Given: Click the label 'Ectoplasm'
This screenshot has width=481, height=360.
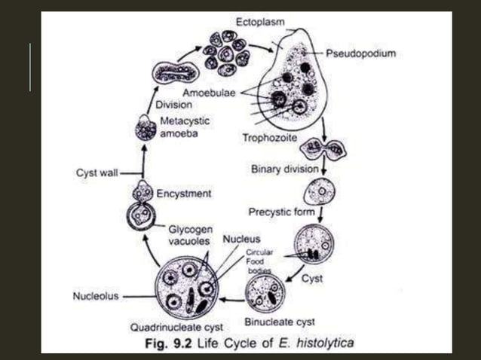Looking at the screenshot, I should point(260,22).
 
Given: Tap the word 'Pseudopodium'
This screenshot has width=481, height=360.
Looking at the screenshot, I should point(362,54).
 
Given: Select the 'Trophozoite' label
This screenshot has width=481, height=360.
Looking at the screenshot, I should point(268,138).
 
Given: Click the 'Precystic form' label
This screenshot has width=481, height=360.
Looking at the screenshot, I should point(282,212).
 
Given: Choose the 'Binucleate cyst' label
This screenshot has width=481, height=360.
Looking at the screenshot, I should point(280,322).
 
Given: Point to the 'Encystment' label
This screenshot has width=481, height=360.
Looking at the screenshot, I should point(183,194).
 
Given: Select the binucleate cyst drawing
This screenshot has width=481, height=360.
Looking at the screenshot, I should point(265,293).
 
